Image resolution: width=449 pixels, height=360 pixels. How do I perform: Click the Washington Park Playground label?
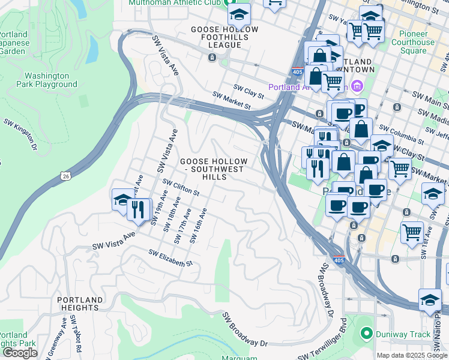(x=51, y=80)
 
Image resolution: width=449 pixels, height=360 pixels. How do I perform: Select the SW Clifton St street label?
(x=181, y=188)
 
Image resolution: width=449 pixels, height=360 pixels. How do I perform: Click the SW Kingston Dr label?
(x=20, y=134)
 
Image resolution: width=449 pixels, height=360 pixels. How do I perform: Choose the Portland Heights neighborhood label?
(x=80, y=304)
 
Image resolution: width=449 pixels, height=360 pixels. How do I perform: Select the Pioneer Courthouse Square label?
(x=413, y=42)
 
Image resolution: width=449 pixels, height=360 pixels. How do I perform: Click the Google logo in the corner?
(x=20, y=353)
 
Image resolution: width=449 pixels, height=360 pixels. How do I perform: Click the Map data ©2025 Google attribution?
(x=412, y=355)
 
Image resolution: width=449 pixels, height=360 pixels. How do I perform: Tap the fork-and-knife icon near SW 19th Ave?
(x=139, y=209)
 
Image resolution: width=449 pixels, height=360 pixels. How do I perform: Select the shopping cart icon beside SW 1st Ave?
(x=412, y=232)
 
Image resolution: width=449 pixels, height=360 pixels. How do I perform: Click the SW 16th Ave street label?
(x=199, y=226)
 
